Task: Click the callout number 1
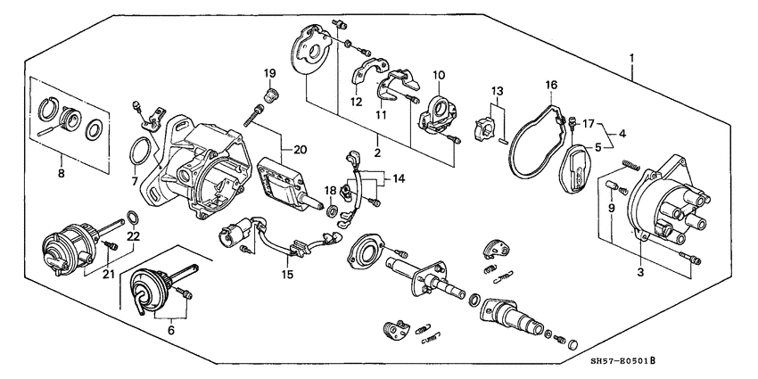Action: tap(631, 59)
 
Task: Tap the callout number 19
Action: tap(268, 72)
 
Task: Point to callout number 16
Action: tap(551, 86)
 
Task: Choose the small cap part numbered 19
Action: tap(269, 92)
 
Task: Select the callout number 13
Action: tap(496, 91)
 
